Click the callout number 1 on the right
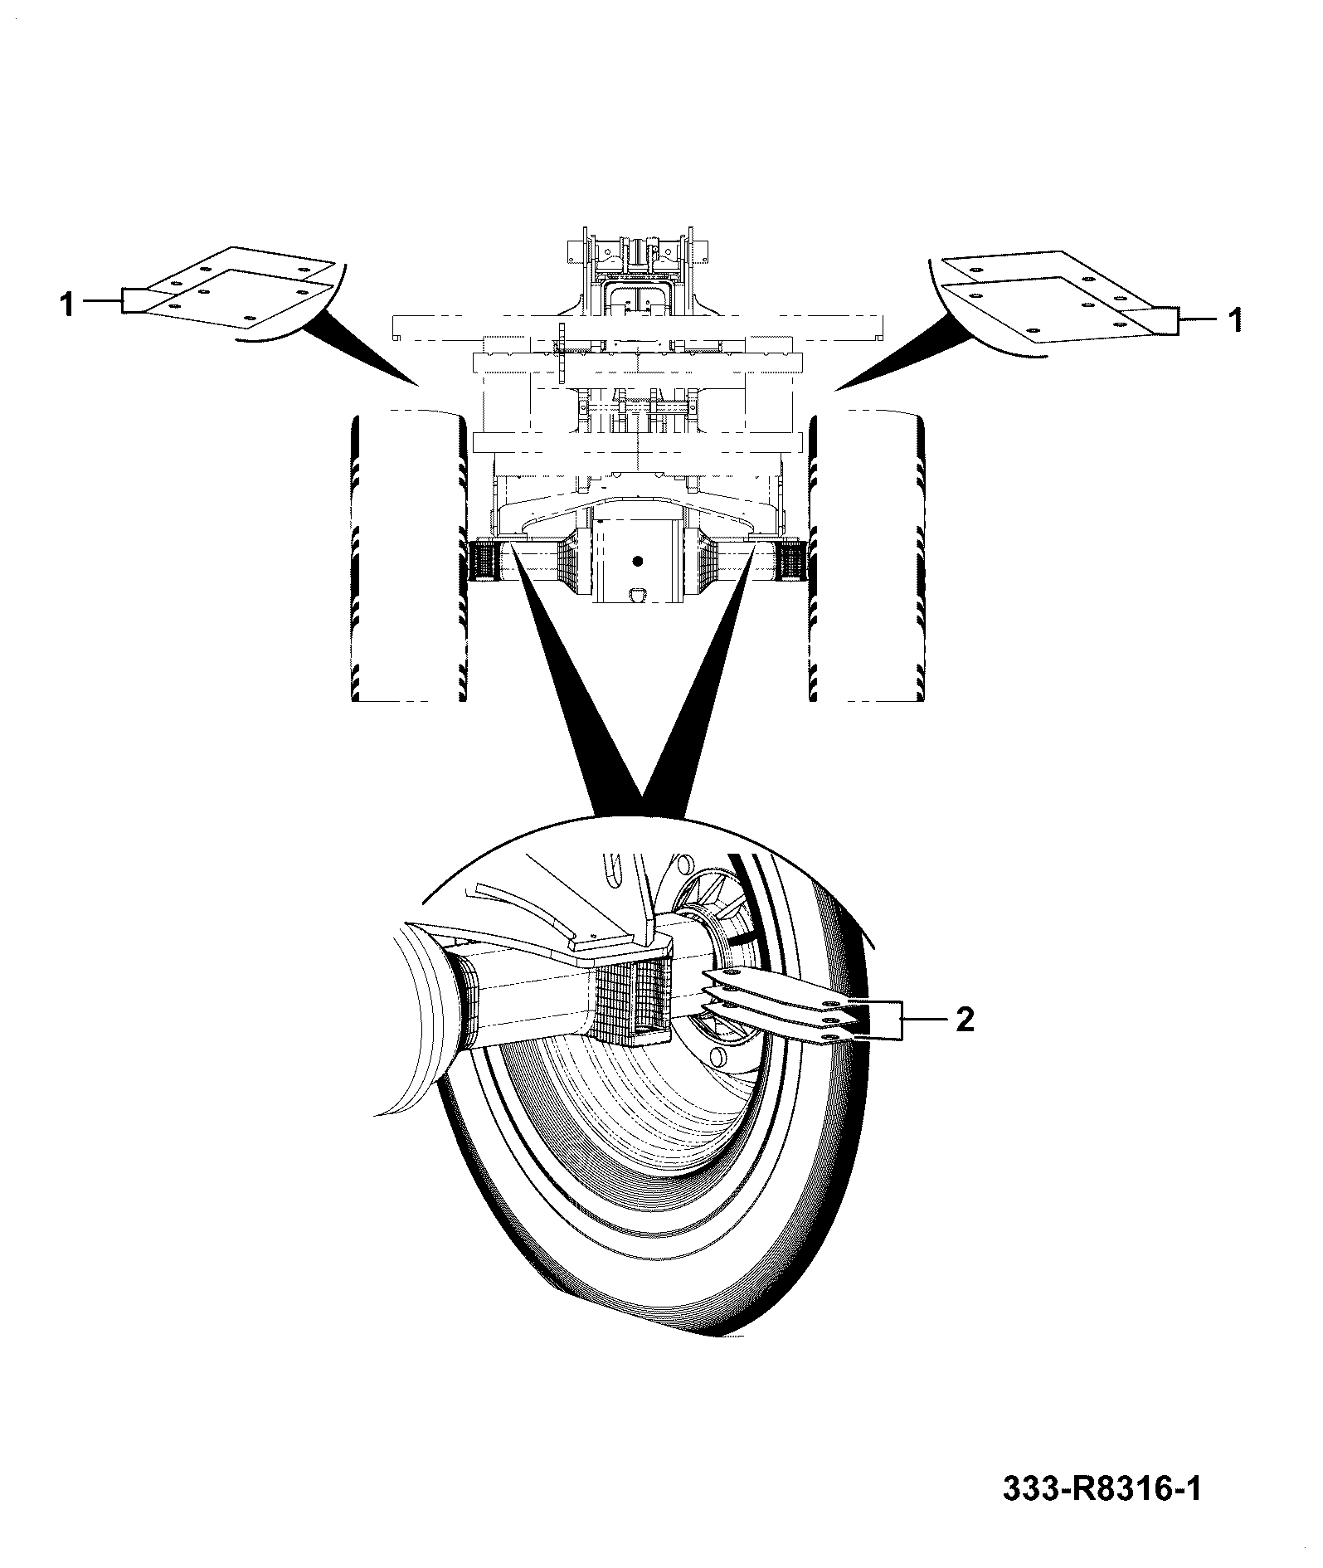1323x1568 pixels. (x=1235, y=319)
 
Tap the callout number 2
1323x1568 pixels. (x=965, y=1020)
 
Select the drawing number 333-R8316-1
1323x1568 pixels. (x=1102, y=1489)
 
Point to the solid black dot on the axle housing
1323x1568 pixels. (x=637, y=562)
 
